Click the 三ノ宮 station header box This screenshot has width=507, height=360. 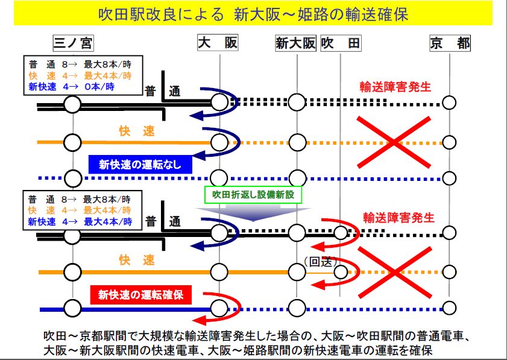coord(73,43)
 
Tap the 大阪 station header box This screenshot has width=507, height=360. coord(218,43)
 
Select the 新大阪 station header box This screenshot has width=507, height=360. coord(295,43)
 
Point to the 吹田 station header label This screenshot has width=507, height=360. coord(341,43)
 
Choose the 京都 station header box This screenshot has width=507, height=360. coord(450,43)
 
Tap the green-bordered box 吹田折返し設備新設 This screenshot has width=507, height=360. coord(253,195)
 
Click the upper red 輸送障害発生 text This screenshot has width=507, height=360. coord(395,87)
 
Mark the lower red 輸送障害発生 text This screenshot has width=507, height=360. coord(398,217)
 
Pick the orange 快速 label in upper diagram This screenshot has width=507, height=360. coord(136,131)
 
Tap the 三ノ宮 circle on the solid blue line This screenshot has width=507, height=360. coord(72,309)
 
